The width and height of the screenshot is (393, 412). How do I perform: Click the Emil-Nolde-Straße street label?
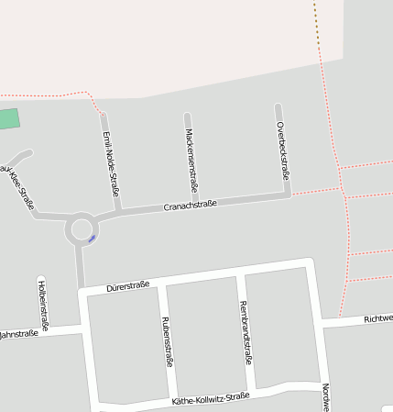(x=112, y=164)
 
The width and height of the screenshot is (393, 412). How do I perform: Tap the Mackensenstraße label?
(x=191, y=157)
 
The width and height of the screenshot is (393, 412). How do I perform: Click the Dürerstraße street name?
(x=127, y=286)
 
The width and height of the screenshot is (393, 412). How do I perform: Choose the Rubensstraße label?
(x=167, y=341)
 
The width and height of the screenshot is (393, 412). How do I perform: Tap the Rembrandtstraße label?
(x=245, y=331)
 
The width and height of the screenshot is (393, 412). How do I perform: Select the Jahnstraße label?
(x=19, y=333)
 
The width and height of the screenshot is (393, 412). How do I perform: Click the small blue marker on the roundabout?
(x=92, y=239)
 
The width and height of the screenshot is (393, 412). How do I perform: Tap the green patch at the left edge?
(x=8, y=119)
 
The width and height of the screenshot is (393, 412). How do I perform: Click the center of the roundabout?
(x=81, y=228)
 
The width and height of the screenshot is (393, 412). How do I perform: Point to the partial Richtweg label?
(x=377, y=318)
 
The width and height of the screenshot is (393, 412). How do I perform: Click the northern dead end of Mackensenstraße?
(x=187, y=116)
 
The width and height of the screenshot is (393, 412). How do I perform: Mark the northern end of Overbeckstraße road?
(x=278, y=106)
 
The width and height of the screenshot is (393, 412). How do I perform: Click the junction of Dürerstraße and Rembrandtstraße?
(x=239, y=275)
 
